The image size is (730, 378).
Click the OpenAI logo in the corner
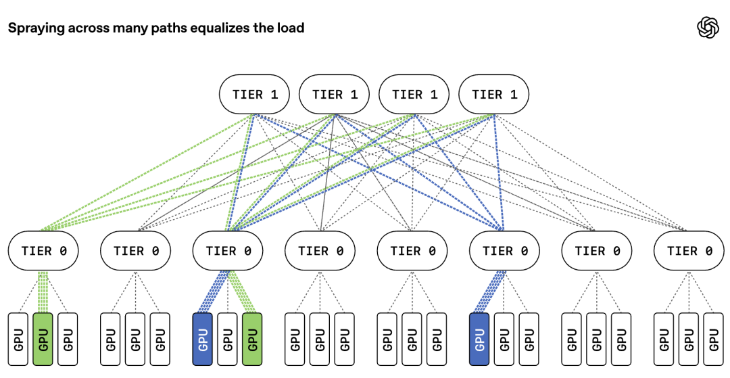[x=708, y=28]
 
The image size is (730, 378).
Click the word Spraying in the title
[x=36, y=28]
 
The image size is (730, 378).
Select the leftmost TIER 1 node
[x=254, y=95]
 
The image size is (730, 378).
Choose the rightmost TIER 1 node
[x=493, y=95]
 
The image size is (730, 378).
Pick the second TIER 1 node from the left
[x=335, y=95]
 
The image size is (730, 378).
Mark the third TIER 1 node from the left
[x=414, y=95]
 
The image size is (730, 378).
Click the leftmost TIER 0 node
[x=43, y=251]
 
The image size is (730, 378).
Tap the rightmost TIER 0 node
[x=689, y=251]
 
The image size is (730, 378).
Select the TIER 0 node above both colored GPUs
[x=228, y=251]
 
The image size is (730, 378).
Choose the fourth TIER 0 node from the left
[x=320, y=251]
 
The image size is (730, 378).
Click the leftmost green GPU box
[x=43, y=339]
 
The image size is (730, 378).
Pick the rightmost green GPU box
[x=252, y=339]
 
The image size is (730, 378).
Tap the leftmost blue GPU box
[x=203, y=339]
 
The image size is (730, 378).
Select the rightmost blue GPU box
[x=479, y=339]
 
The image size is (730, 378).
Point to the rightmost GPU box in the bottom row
[x=714, y=339]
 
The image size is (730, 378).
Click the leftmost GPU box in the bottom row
[x=18, y=339]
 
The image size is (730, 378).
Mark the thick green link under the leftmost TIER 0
[x=43, y=292]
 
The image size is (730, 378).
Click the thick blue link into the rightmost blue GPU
[x=489, y=292]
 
